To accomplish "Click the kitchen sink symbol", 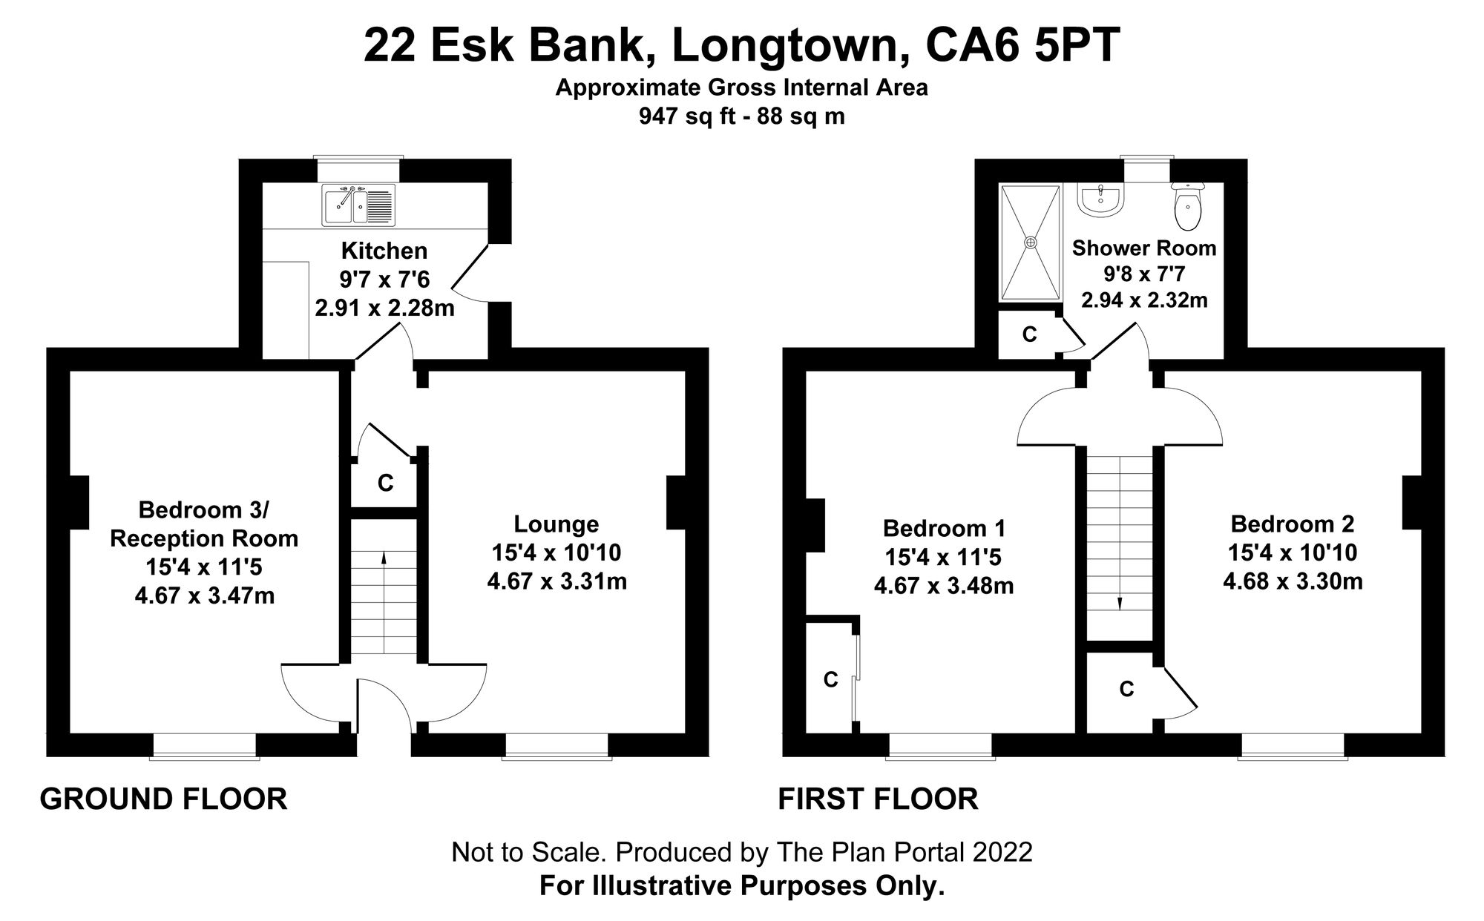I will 358,205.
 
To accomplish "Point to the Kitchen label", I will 384,251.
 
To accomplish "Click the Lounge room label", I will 556,524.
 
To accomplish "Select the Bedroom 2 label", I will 1292,524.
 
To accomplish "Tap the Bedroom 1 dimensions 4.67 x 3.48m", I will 943,586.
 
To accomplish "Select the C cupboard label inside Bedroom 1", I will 830,679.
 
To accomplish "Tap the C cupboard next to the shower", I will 1028,335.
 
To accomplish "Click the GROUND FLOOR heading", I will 163,799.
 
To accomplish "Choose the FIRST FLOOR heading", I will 878,799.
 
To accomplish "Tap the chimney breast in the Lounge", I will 675,503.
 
